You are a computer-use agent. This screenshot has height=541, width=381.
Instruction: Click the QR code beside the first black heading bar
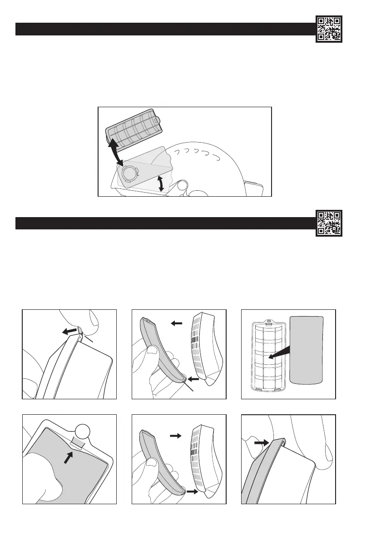tap(329, 29)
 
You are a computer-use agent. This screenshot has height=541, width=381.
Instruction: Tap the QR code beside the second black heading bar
tap(329, 223)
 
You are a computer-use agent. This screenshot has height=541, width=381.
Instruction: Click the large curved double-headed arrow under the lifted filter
tap(115, 153)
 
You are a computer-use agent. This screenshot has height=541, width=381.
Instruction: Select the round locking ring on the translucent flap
tap(129, 173)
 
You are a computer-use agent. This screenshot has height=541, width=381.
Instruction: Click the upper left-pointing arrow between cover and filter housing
tap(176, 323)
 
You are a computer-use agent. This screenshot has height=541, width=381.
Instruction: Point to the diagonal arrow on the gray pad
tap(68, 458)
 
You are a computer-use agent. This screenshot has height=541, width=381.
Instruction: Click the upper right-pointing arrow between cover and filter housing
tap(175, 436)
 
